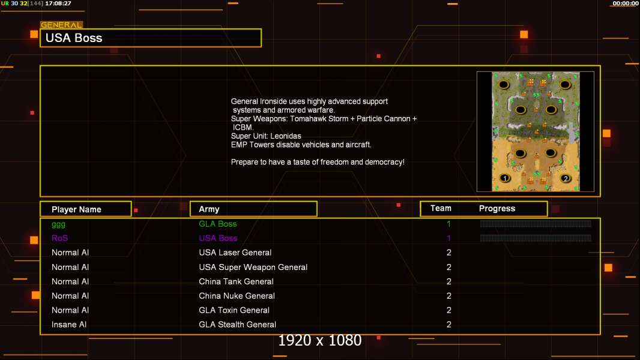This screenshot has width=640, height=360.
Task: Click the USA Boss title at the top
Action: (74, 38)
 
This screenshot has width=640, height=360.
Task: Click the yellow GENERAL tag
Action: (61, 25)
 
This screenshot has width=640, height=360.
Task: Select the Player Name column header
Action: (76, 209)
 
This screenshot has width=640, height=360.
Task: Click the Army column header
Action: (209, 209)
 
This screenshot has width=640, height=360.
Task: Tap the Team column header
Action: (441, 208)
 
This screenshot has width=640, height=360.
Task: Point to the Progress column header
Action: (497, 209)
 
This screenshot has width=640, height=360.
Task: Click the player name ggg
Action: (58, 224)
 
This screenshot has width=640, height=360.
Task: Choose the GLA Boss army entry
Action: (218, 224)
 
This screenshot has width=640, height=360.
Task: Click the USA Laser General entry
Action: (235, 253)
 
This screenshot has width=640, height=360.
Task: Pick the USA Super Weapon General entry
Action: (253, 267)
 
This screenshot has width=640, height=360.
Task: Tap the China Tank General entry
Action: (237, 281)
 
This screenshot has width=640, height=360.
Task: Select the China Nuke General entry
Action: (237, 296)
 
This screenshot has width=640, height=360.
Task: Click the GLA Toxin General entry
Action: (234, 310)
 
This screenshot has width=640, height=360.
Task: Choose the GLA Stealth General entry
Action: (238, 325)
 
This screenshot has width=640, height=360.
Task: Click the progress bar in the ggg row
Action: (536, 224)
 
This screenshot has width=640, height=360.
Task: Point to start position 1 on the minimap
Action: (505, 178)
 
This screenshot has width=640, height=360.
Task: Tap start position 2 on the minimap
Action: (565, 178)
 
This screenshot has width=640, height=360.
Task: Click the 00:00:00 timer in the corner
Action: (625, 4)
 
